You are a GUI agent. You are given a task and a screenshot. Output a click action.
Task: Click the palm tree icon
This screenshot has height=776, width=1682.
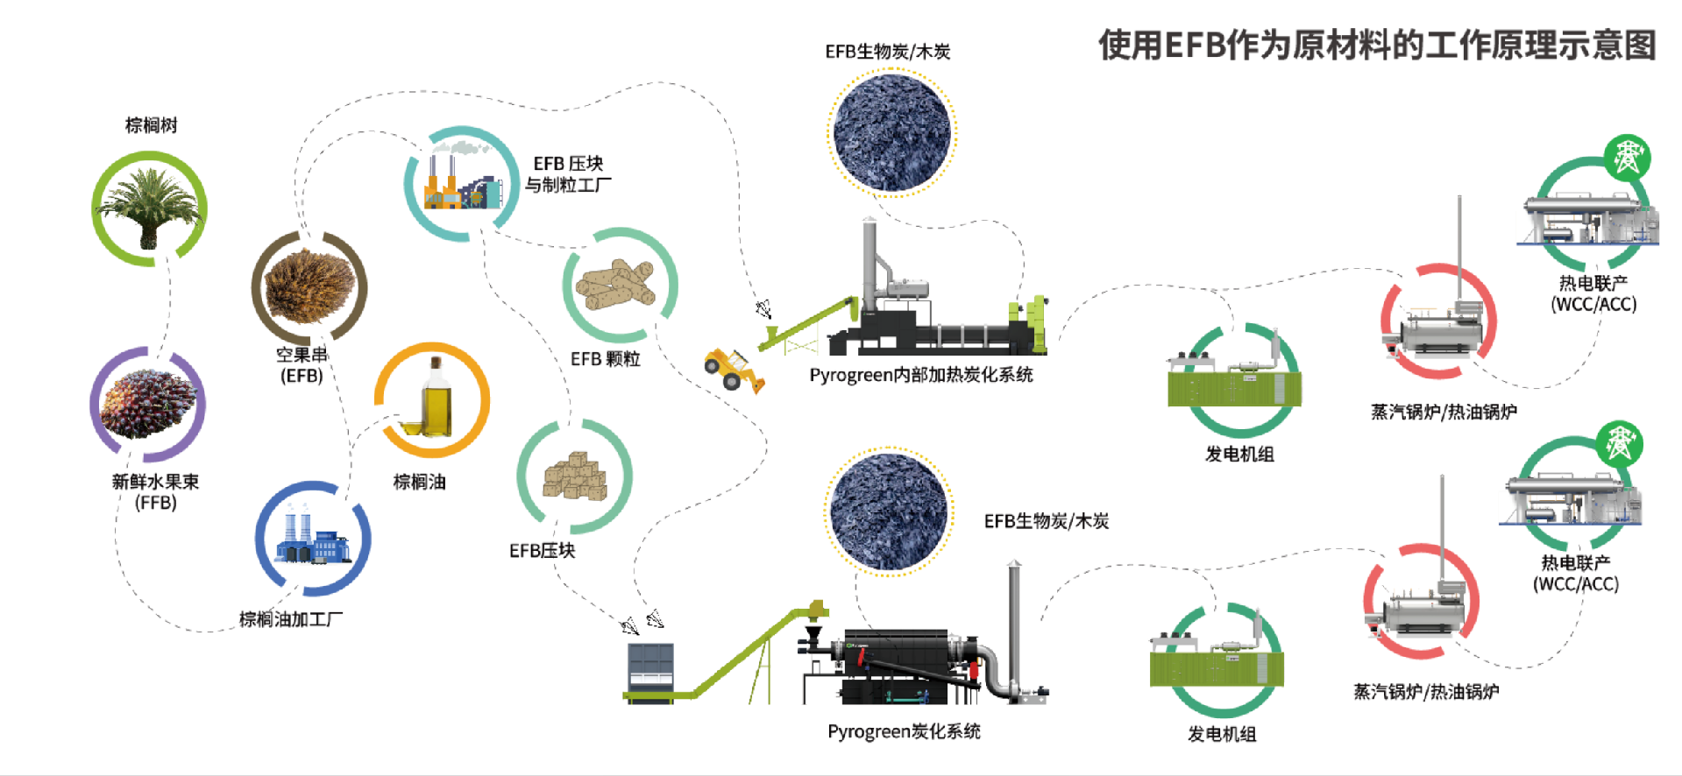(149, 208)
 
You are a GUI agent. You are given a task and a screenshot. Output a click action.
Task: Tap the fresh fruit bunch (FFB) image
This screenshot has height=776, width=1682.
(147, 404)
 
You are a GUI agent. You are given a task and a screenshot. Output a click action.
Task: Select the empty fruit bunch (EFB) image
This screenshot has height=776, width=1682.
(309, 286)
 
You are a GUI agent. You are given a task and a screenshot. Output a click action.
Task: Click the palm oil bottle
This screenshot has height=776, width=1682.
(433, 399)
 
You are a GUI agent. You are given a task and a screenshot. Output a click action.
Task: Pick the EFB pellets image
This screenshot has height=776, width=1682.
(619, 285)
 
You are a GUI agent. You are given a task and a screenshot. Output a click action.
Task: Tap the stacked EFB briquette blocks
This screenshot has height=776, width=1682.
(575, 476)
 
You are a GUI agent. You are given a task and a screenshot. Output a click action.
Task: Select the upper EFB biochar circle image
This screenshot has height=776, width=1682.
(891, 133)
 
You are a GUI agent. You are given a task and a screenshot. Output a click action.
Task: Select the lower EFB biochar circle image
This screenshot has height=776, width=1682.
(889, 511)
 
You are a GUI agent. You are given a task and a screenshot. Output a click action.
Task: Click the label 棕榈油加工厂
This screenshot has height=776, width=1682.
(291, 619)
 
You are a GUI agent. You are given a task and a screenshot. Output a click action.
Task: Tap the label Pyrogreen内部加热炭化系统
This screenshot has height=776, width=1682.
(920, 375)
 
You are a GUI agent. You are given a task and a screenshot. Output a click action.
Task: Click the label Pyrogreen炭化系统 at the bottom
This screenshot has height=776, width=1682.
(904, 731)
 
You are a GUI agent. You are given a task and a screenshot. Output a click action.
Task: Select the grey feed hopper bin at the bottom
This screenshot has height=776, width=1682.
(650, 667)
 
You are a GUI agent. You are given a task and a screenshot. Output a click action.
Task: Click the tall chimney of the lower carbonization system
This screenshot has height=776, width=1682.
(1014, 626)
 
